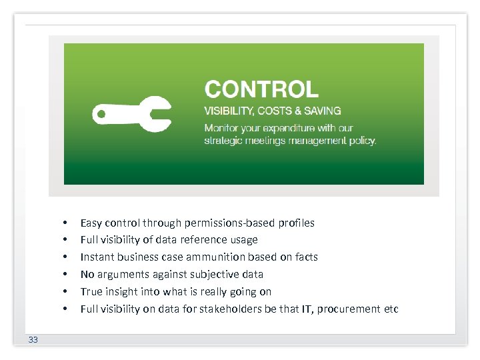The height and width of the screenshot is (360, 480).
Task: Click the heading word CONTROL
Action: [x=261, y=89]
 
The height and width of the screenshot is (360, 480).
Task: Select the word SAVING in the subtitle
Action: [x=323, y=111]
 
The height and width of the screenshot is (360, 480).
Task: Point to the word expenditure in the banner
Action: [x=302, y=128]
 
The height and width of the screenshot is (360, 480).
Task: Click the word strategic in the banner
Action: [x=223, y=141]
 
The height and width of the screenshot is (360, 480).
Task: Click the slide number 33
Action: [x=33, y=340]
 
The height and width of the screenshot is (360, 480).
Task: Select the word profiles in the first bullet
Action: [x=297, y=223]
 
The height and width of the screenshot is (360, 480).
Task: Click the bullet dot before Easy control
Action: [x=65, y=223]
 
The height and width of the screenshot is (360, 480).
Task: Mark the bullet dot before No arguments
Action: [x=65, y=274]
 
